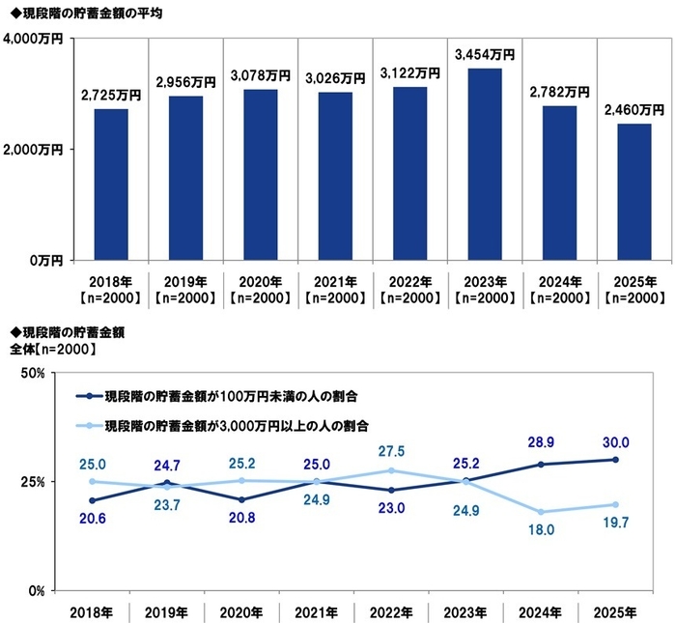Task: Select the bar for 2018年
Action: coord(111,184)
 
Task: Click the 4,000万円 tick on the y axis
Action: coord(34,39)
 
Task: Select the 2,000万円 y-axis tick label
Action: coord(34,150)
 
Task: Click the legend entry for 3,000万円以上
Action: coord(237,425)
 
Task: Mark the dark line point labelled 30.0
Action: coord(615,460)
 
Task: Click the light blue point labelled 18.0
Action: coord(541,512)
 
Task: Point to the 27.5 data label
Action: coord(391,451)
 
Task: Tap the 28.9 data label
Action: coord(541,443)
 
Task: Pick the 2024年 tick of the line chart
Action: coord(541,612)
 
